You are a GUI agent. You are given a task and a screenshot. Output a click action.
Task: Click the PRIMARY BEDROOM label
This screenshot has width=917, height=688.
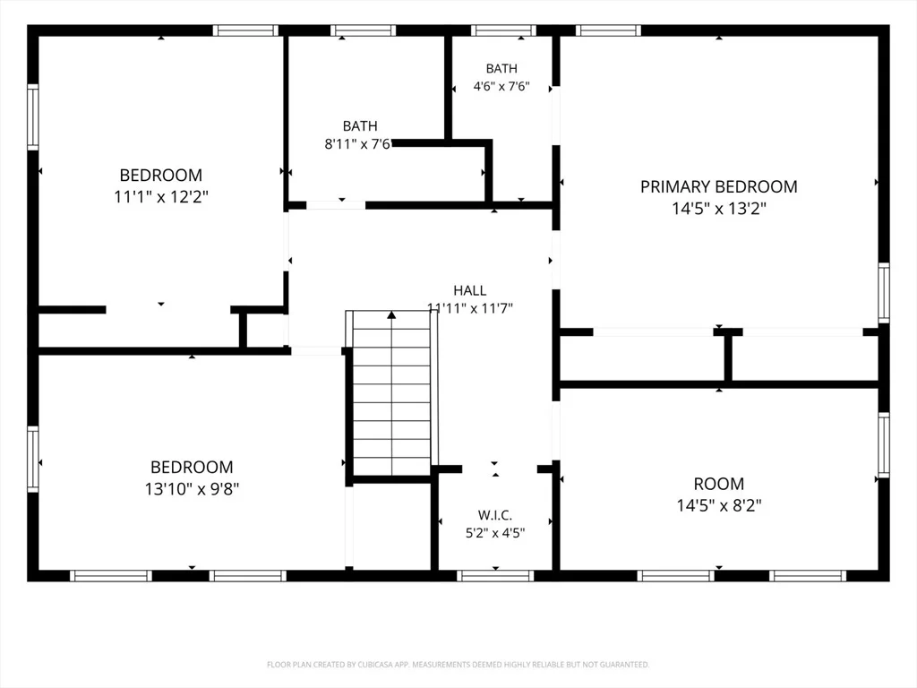[x=719, y=186]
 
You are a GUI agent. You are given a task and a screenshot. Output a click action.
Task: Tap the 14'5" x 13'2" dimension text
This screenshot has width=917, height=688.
[x=719, y=208]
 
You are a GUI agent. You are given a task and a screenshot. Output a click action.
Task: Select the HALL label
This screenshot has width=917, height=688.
[x=469, y=290]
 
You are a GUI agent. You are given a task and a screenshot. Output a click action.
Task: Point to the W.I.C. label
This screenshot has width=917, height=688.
[x=494, y=515]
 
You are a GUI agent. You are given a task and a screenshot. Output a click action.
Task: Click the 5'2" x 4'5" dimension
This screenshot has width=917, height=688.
[x=494, y=533]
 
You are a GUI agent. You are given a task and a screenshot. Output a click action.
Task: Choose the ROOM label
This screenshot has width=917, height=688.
[x=719, y=484]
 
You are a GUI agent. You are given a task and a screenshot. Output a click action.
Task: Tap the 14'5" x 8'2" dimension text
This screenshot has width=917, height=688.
[x=719, y=505]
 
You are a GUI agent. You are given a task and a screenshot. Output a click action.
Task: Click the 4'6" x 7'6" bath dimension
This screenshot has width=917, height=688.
[x=501, y=86]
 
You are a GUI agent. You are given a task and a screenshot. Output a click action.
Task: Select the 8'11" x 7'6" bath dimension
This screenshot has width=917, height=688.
[x=357, y=144]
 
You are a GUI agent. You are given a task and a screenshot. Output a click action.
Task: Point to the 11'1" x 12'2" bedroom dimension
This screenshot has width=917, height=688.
[x=161, y=196]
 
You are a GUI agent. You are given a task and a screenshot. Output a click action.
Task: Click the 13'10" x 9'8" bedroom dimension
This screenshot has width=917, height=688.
[x=192, y=488]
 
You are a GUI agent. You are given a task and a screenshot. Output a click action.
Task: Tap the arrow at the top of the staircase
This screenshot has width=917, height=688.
[x=391, y=314]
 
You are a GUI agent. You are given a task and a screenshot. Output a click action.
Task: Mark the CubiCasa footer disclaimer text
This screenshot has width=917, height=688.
[x=458, y=665]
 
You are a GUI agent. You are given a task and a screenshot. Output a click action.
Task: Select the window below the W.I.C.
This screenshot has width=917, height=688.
[x=495, y=576]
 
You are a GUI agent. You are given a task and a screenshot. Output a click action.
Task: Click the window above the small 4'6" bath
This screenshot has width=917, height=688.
[x=503, y=30]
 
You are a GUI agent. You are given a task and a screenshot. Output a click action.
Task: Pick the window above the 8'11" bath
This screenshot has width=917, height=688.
[x=364, y=30]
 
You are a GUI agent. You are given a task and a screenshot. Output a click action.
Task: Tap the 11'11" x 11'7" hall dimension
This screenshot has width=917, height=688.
[x=469, y=308]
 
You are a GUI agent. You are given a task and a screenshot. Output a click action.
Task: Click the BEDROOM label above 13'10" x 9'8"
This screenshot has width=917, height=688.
[x=192, y=467]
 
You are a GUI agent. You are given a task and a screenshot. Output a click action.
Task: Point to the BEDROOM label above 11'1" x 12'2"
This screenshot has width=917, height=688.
[x=161, y=175]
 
